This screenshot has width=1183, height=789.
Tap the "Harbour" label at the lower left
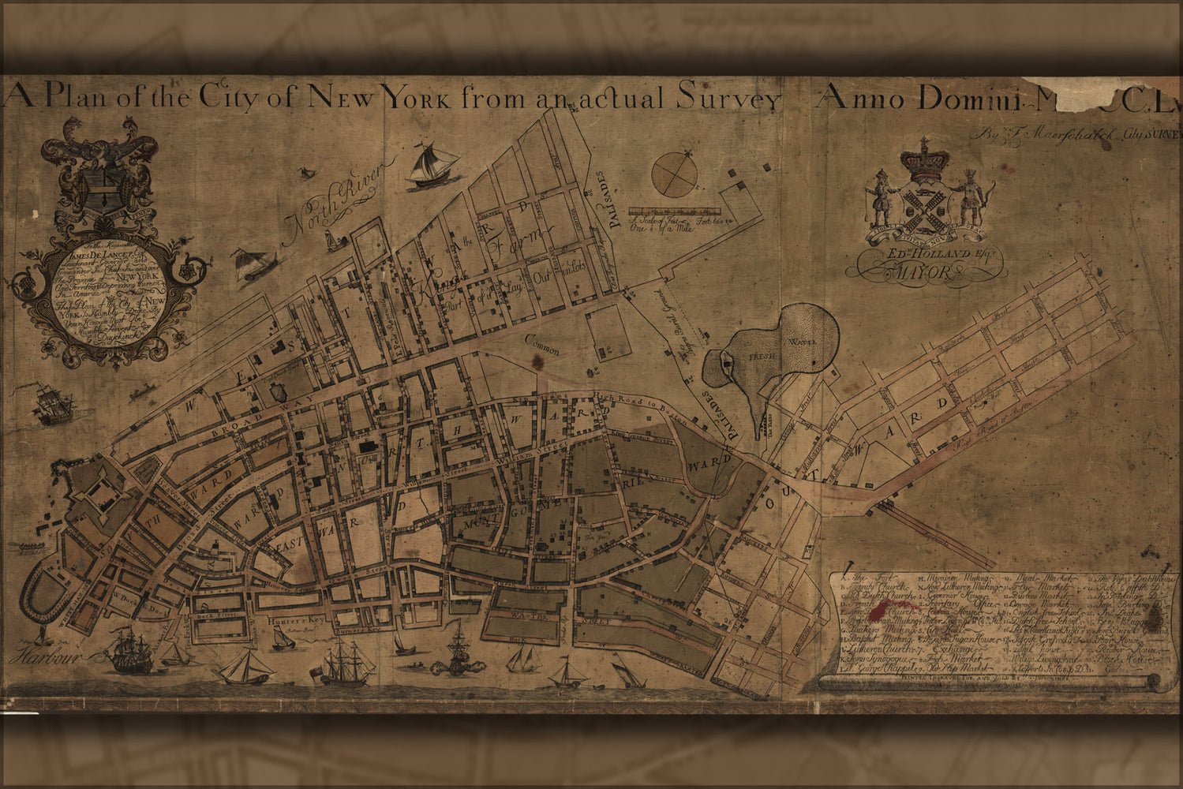click(40, 654)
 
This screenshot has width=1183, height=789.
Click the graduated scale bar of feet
click(675, 211)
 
